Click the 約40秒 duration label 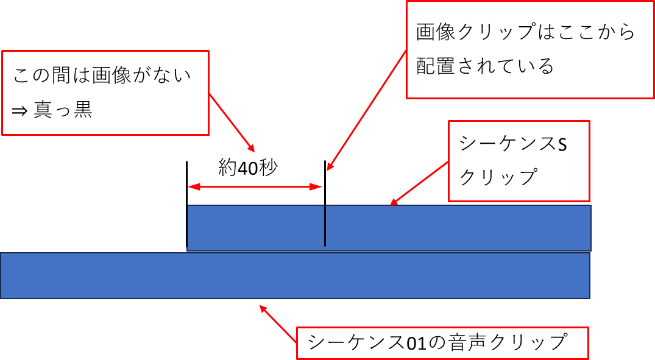coord(248,168)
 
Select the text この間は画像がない coord(102,76)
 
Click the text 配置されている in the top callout coord(485,65)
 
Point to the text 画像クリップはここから coord(526,32)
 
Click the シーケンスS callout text coord(512,144)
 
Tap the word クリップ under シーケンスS coord(497,177)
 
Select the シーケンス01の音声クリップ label coord(437,342)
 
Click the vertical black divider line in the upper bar coord(325,225)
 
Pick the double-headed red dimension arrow coord(255,187)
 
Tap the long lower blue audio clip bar coord(295,275)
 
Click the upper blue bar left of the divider coord(255,228)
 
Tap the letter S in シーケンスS coord(561,144)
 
